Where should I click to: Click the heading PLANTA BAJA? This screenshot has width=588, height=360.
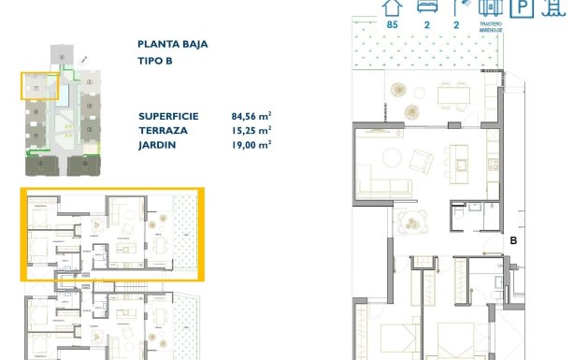pyautogui.click(x=173, y=43)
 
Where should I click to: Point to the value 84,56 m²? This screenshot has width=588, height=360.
pyautogui.click(x=251, y=116)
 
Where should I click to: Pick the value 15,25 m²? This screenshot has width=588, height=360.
pyautogui.click(x=251, y=130)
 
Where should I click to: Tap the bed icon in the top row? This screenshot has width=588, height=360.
pyautogui.click(x=422, y=7)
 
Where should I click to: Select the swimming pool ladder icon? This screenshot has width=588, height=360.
pyautogui.click(x=552, y=8)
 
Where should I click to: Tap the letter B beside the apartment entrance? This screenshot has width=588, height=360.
pyautogui.click(x=512, y=240)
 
